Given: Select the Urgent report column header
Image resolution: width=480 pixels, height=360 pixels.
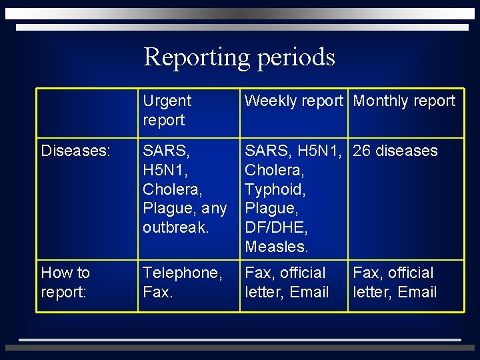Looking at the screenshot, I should tap(167, 111).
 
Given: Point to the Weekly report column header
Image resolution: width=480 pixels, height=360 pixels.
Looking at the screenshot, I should tap(293, 101).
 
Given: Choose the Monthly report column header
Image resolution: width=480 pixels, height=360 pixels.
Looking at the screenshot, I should tap(404, 101).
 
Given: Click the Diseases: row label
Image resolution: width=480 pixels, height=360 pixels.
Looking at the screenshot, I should tap(75, 151).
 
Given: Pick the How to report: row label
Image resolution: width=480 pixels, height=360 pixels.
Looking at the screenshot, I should tap(65, 283).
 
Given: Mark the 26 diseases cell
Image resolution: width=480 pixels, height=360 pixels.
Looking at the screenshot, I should tap(395, 151).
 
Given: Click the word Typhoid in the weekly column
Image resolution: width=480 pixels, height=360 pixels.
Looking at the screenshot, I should tap(275, 189).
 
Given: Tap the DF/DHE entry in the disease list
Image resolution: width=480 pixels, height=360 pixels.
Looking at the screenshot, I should tap(276, 228).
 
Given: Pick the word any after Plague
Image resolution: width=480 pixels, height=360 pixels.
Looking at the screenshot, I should tap(215, 209).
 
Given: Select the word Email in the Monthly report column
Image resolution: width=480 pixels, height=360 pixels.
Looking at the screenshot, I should tap(417, 293).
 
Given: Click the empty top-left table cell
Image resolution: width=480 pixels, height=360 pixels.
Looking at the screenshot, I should tap(87, 111).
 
